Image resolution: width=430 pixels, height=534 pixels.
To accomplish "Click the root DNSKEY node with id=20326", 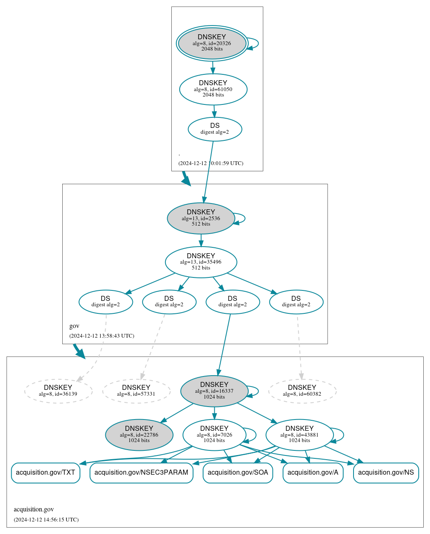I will point(212,43).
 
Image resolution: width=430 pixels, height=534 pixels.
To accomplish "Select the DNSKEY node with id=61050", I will point(213,89).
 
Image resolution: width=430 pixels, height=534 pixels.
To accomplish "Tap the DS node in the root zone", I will point(215,129).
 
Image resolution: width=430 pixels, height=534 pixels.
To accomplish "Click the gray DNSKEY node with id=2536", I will point(201,218).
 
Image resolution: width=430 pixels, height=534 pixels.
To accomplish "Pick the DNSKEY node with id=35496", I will point(201,262).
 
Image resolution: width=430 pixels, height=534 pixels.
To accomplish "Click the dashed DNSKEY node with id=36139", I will point(58,391).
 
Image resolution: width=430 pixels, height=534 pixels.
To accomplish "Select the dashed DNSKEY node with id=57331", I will point(136,391).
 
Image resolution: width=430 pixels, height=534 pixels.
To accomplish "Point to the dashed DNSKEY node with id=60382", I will point(302,391).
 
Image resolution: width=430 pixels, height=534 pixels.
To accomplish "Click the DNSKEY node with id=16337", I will point(214,391).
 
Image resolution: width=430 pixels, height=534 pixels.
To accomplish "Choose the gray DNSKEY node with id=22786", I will point(139,435).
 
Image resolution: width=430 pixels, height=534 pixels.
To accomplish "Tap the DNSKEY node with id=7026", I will point(214,435).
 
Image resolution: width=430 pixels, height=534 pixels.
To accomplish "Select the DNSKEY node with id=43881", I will point(300,435).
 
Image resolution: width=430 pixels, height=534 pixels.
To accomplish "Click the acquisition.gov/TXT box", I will point(46,473).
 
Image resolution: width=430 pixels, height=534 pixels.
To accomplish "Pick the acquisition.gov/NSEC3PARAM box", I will point(141,473).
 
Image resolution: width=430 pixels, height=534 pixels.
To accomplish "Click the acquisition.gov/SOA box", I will point(238,473).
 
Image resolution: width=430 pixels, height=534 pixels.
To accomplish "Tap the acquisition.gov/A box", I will point(313,473).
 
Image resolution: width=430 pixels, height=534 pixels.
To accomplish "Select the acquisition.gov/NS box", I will point(386,473).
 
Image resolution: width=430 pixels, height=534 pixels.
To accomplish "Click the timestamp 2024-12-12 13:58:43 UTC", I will point(102,336).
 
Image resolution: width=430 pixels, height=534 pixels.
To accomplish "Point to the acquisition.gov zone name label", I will point(34,509).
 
